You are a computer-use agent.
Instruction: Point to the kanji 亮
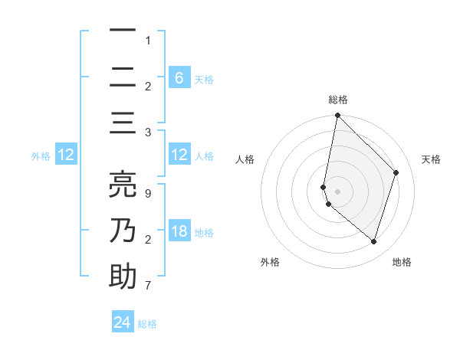point(123,184)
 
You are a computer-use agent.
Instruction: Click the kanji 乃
point(123,231)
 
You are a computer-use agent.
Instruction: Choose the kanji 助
point(123,277)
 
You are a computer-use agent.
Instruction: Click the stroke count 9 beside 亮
point(147,193)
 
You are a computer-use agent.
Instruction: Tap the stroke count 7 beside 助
point(147,286)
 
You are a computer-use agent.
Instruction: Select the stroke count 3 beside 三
point(147,133)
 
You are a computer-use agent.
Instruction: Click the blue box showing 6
point(179,77)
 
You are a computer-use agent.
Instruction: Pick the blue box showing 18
point(179,232)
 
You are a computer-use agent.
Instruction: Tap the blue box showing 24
point(123,322)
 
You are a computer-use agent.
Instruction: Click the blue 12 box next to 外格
point(66,155)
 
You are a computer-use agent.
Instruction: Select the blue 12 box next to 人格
point(179,155)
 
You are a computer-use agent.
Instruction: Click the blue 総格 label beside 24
point(147,324)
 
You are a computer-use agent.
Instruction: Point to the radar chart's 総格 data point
point(337,116)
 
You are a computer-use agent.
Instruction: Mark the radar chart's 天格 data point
point(396,172)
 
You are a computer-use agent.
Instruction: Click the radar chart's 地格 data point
point(373,241)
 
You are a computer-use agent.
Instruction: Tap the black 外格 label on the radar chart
point(270,262)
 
